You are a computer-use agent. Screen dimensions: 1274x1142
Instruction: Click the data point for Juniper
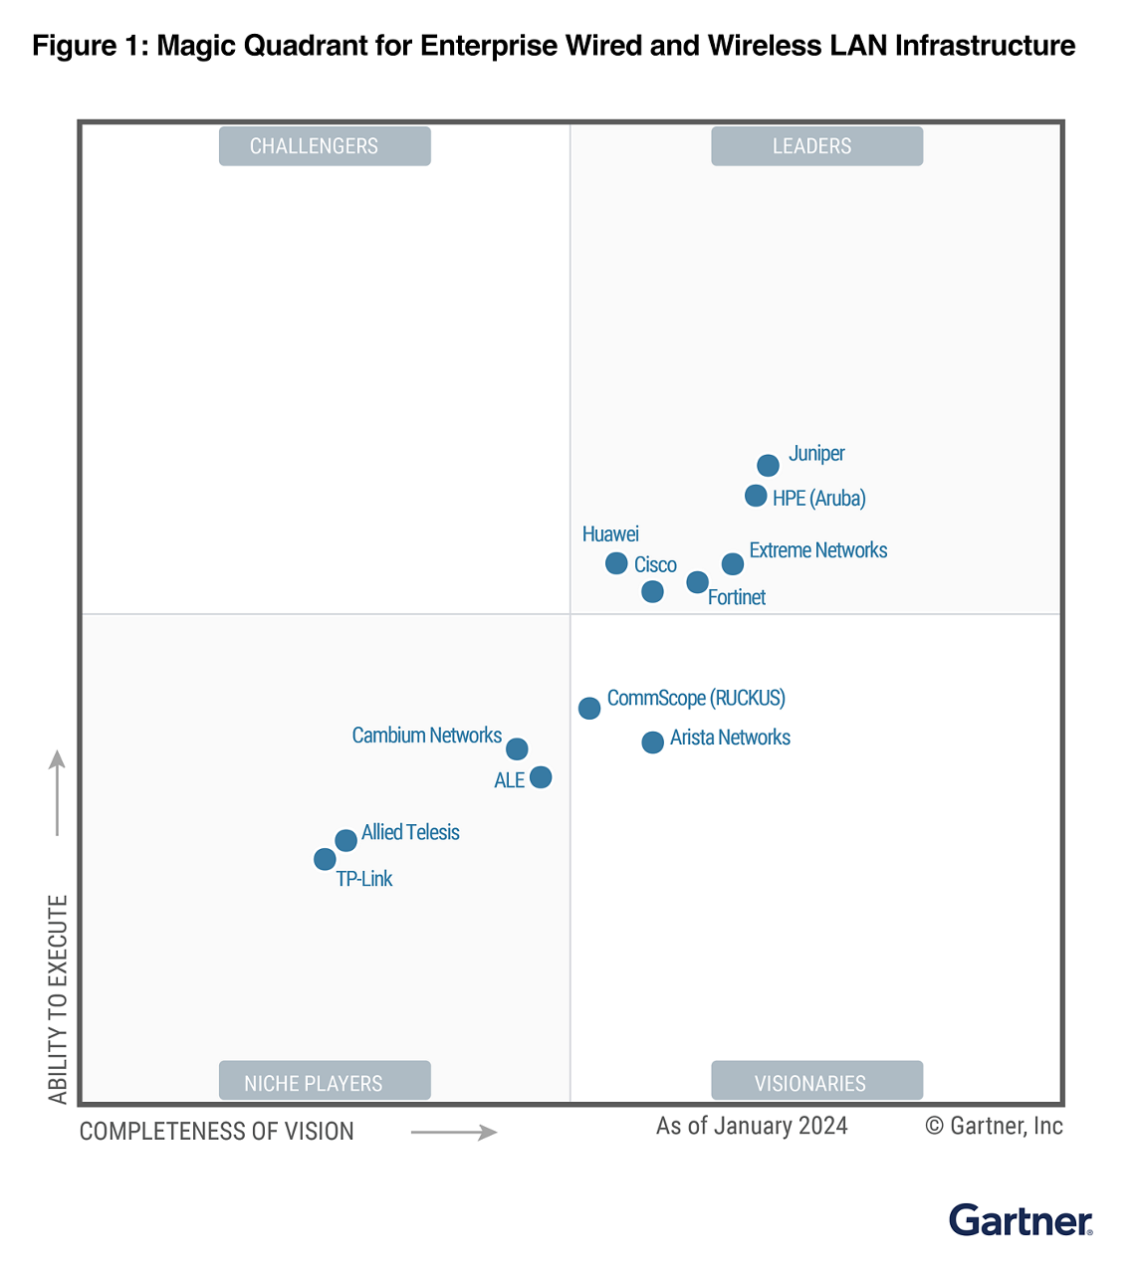768,465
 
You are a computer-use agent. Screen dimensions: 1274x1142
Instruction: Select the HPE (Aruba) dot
756,495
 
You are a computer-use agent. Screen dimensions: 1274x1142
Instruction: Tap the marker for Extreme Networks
733,564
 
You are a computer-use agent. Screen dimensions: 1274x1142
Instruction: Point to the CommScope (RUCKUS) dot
589,708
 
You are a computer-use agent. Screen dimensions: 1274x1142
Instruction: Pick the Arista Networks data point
652,742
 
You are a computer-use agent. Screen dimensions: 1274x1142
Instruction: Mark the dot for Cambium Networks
517,748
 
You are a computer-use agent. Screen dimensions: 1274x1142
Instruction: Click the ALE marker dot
541,776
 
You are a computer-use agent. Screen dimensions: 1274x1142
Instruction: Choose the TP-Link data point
325,858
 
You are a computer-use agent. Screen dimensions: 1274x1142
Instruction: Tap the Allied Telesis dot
345,840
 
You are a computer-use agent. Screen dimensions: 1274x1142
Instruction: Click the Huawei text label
610,534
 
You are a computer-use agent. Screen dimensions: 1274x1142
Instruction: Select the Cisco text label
655,565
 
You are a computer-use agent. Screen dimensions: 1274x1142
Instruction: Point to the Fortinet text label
737,597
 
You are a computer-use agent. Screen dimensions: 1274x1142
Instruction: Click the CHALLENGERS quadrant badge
325,146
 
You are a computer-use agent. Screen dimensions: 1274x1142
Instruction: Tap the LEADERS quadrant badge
816,146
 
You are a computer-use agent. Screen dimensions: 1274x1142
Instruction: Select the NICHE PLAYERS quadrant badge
325,1081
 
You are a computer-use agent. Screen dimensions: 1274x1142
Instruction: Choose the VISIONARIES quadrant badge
816,1081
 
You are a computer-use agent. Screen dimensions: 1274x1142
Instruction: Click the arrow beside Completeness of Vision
454,1132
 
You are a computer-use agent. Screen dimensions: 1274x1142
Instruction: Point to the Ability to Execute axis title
58,999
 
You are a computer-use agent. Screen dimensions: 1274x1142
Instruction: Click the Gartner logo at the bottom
1021,1220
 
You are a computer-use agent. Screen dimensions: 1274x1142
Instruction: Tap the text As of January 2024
752,1126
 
